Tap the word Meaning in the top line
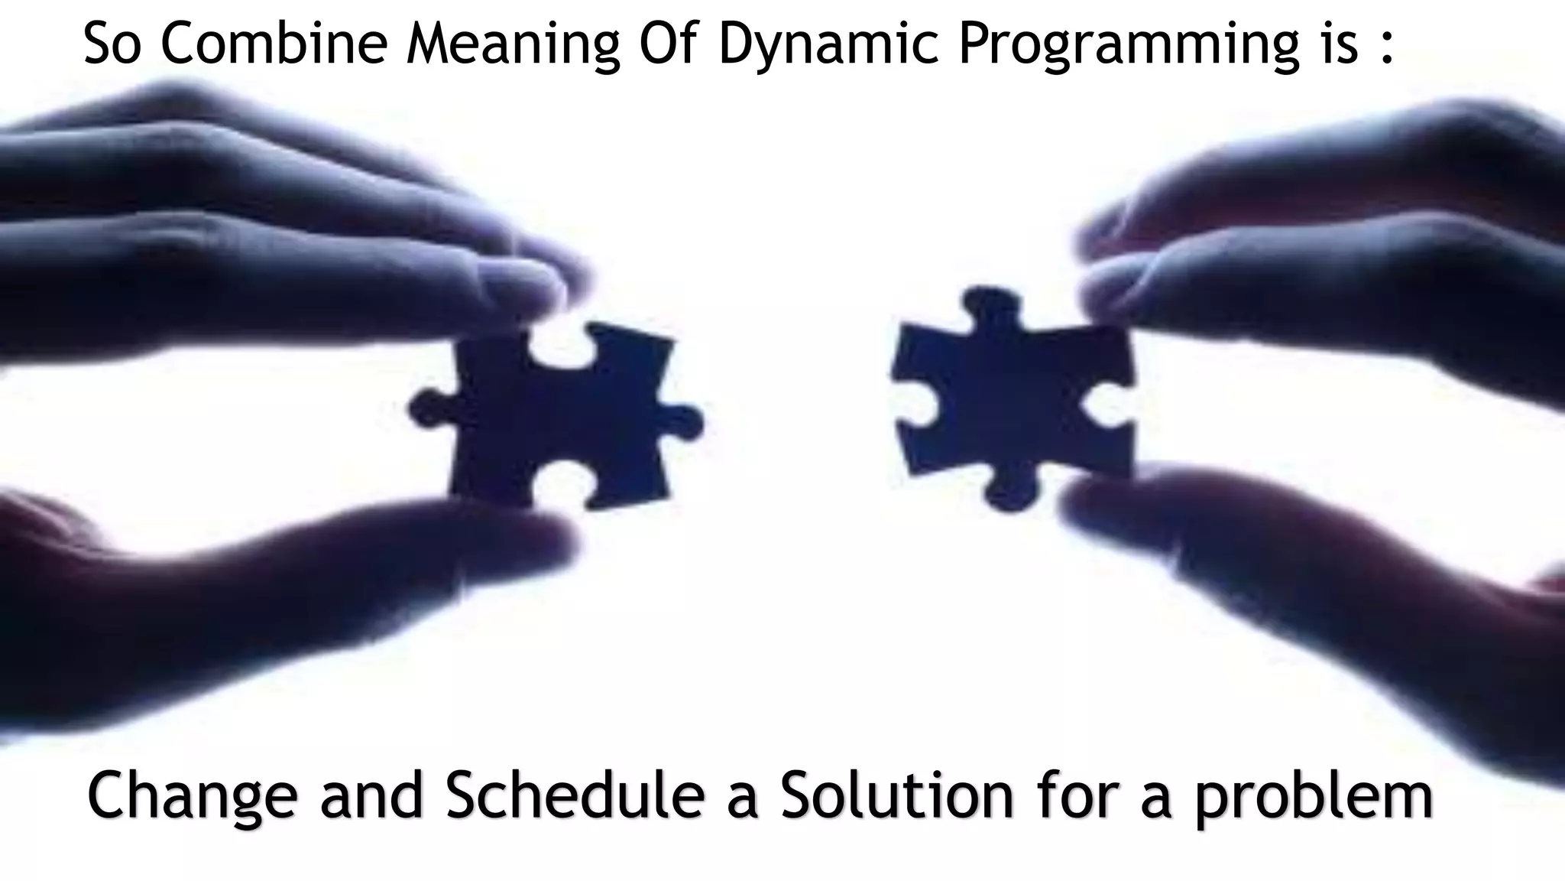pos(512,44)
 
